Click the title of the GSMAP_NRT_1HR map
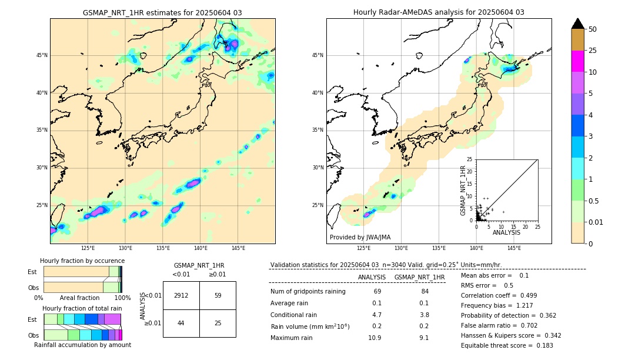(x=162, y=12)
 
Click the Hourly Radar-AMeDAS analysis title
(x=439, y=12)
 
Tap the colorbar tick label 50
(x=593, y=29)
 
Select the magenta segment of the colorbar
(x=577, y=61)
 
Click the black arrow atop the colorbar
(x=577, y=24)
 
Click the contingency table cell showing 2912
(x=181, y=295)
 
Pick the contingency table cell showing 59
(x=218, y=295)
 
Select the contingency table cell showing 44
(x=181, y=323)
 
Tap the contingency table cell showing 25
(x=218, y=323)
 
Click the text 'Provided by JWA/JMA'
(x=360, y=237)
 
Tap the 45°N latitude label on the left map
(x=42, y=55)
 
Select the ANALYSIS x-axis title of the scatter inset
(x=506, y=232)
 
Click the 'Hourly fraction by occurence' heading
(x=82, y=261)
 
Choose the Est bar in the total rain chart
(x=82, y=319)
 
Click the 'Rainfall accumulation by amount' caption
(x=82, y=345)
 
